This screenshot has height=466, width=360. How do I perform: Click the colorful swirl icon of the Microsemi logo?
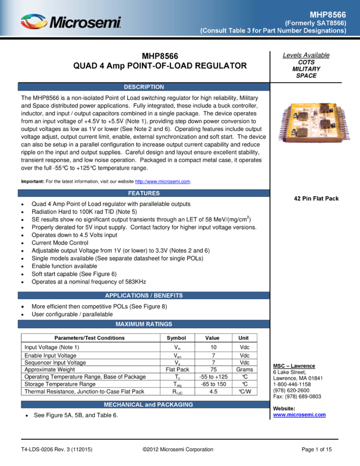[34, 22]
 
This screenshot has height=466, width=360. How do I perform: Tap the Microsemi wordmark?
[85, 22]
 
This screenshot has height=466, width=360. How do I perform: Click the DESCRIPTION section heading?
[144, 87]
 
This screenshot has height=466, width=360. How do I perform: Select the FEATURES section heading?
[144, 193]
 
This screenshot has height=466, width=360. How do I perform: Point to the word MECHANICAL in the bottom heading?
[123, 405]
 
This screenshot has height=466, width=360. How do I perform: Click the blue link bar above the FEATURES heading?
[162, 181]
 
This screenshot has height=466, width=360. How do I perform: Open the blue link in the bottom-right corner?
[299, 416]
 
